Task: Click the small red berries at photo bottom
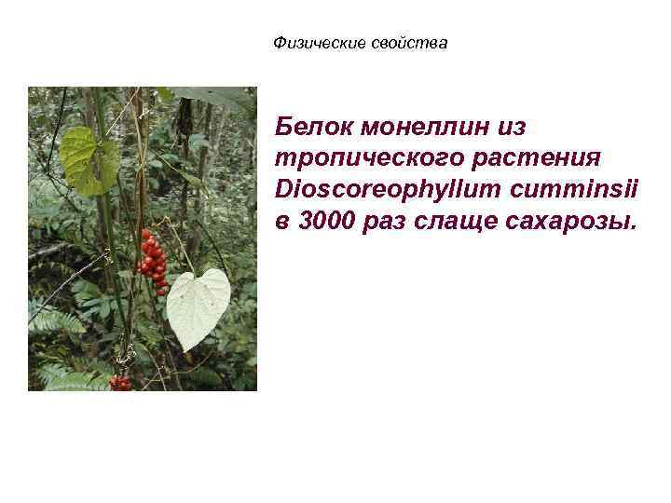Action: [x=121, y=381]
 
